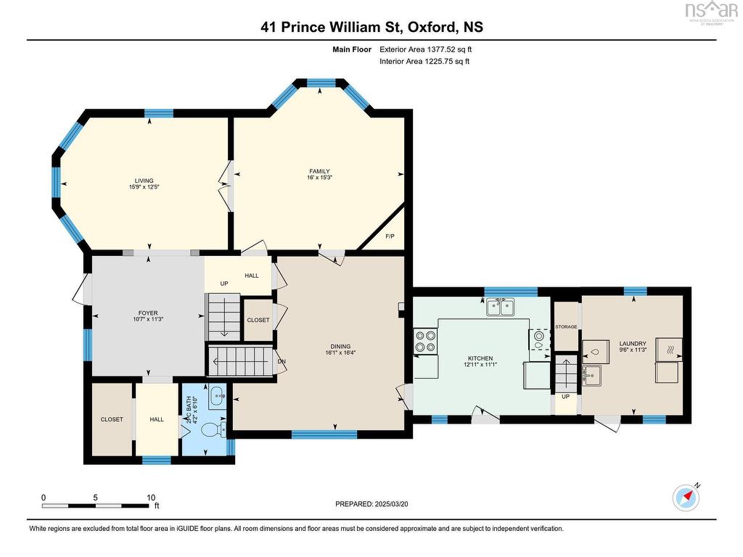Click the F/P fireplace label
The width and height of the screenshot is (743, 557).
[x=390, y=236]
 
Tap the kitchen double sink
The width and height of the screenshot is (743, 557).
[x=501, y=307]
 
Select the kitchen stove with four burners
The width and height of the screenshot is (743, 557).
[x=425, y=342]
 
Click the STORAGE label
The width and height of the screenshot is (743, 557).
[x=566, y=327]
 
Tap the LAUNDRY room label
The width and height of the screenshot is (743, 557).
[x=633, y=343]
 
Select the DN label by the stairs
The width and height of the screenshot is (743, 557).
[x=282, y=361]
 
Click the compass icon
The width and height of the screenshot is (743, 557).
[x=686, y=498]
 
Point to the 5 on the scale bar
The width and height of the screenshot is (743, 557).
[x=95, y=498]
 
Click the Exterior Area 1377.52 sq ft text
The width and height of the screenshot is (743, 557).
[x=425, y=49]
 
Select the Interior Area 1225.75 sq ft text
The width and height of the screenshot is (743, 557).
[x=424, y=61]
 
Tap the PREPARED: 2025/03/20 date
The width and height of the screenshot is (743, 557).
[x=371, y=504]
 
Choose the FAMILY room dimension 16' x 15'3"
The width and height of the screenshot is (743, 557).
[x=319, y=178]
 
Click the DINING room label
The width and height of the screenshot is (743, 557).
[x=340, y=346]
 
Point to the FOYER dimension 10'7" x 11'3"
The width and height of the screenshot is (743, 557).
[x=148, y=319]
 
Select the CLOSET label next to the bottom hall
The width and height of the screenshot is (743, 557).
[x=112, y=419]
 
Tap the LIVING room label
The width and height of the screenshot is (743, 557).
[x=144, y=181]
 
